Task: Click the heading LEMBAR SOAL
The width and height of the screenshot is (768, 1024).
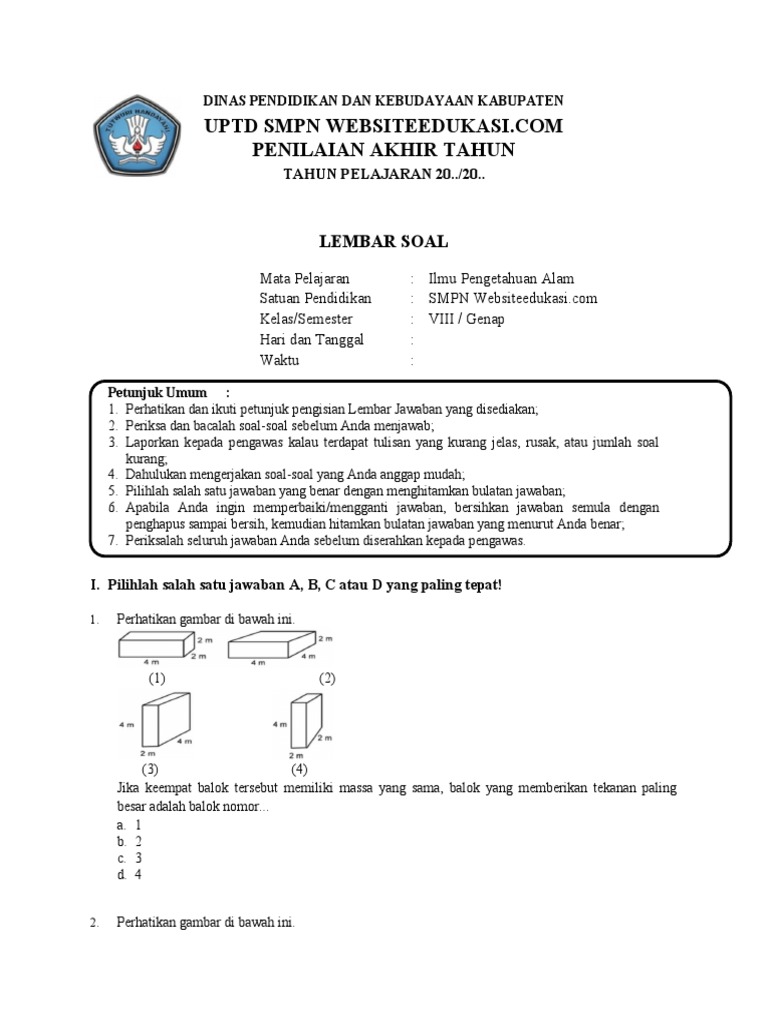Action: (x=383, y=241)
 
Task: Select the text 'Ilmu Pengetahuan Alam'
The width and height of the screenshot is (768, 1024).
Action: (x=501, y=279)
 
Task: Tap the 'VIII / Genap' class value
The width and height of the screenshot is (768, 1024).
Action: (x=467, y=319)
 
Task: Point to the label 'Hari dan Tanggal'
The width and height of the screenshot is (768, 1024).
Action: (x=312, y=340)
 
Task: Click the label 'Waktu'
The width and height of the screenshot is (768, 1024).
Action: (x=280, y=360)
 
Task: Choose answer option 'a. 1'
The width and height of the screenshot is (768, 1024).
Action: (x=129, y=824)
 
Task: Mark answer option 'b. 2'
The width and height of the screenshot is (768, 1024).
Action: (x=129, y=841)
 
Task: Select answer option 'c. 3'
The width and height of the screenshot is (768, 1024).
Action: (x=129, y=858)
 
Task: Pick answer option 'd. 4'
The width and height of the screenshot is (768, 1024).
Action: (x=129, y=875)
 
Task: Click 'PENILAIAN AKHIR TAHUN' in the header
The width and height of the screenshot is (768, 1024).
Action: (x=384, y=150)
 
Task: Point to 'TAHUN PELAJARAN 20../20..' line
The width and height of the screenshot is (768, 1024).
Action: (x=384, y=174)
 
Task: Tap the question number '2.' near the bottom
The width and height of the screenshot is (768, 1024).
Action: (x=95, y=923)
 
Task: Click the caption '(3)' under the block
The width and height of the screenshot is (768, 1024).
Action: (x=150, y=769)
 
